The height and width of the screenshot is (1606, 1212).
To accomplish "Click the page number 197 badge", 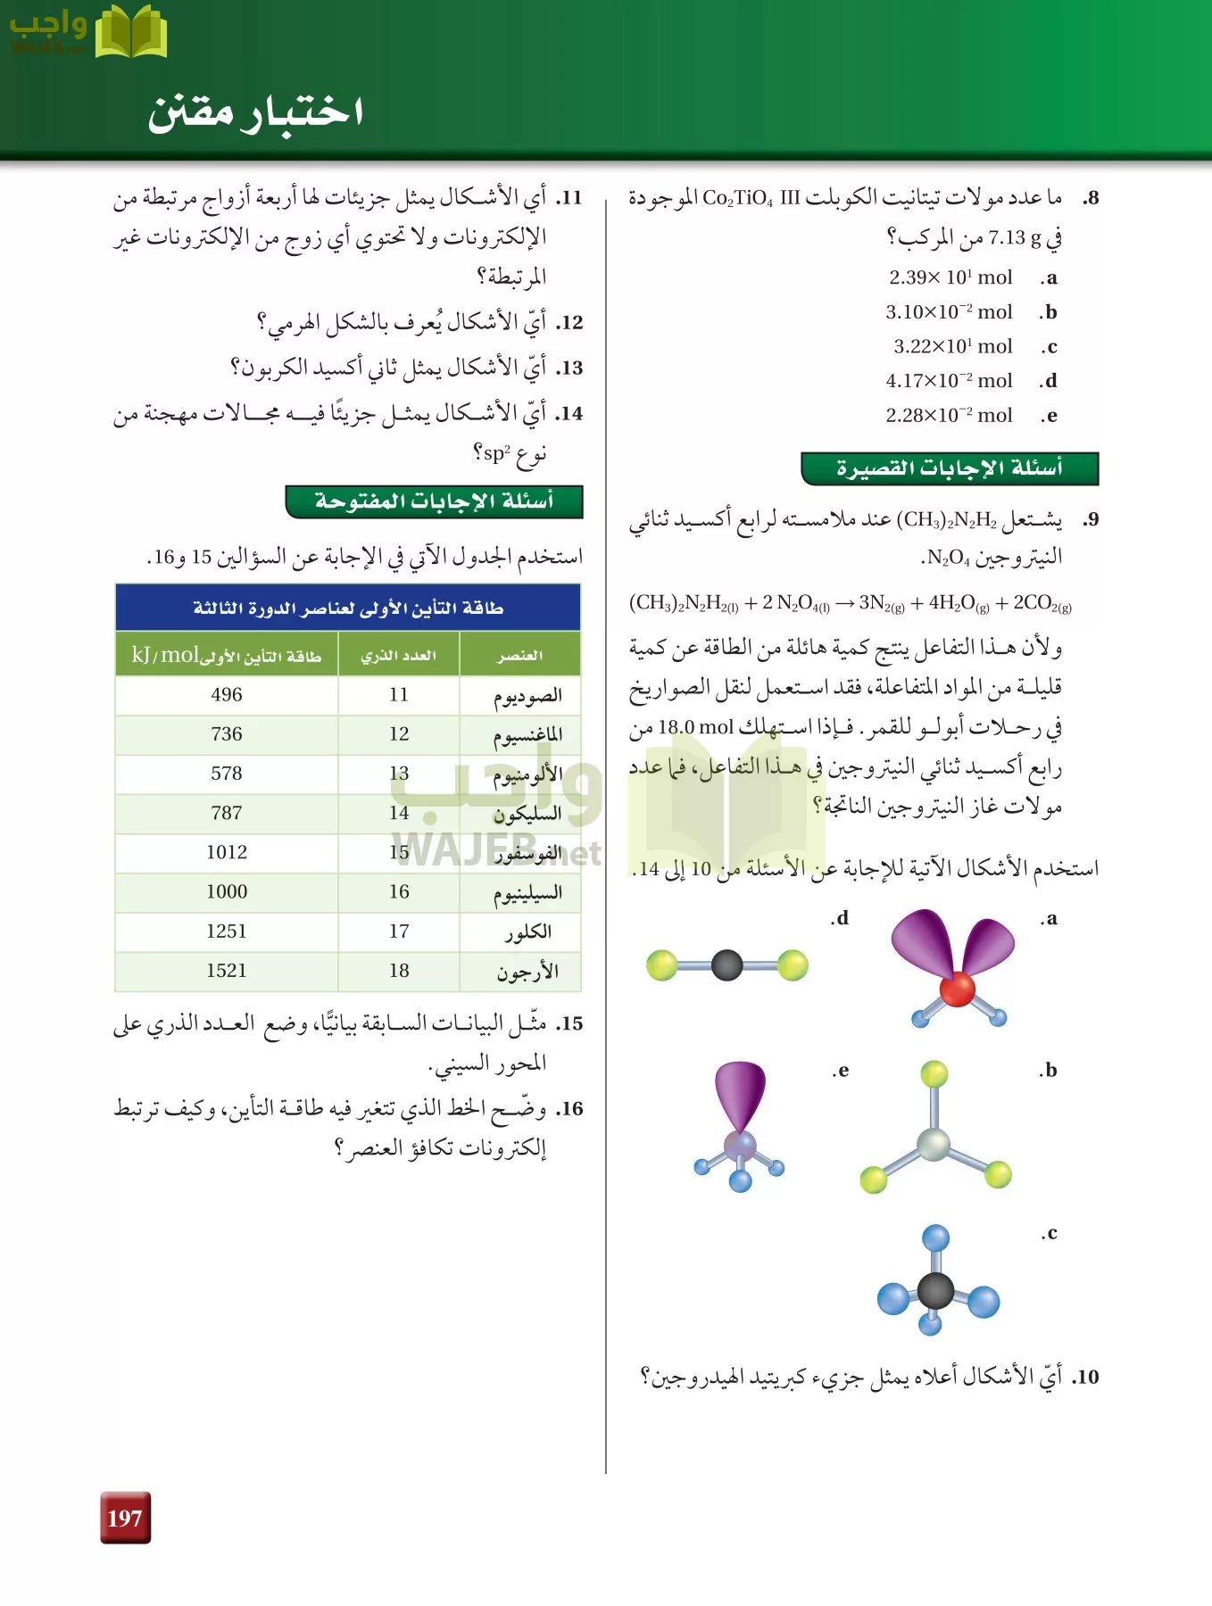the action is (x=125, y=1518).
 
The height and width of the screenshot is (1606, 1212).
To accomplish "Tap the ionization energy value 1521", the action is (x=227, y=971).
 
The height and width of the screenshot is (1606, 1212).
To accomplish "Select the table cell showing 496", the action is (x=227, y=695).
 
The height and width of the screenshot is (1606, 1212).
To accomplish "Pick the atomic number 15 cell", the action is (x=399, y=853).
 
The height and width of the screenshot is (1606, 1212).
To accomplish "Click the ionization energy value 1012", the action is (x=227, y=853).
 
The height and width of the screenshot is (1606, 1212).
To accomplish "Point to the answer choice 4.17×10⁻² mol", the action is (x=949, y=381).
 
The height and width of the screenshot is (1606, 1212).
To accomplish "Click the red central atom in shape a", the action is (x=957, y=989).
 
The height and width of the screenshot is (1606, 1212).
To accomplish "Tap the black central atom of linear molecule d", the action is (x=727, y=964).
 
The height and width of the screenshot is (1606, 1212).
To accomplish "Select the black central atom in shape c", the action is (x=935, y=1290).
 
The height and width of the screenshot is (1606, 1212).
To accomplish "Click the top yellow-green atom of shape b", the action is (x=934, y=1073).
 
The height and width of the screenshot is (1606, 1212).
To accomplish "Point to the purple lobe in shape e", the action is (x=740, y=1093).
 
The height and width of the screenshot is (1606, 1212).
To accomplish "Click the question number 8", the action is (x=1091, y=198).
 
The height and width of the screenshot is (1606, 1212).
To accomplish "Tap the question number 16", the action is (x=570, y=1110).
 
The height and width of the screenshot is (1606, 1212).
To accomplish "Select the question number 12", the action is (x=570, y=323).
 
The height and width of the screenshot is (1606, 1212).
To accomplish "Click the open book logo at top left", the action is (x=130, y=33).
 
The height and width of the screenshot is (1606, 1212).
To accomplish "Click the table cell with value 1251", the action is (x=227, y=931).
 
